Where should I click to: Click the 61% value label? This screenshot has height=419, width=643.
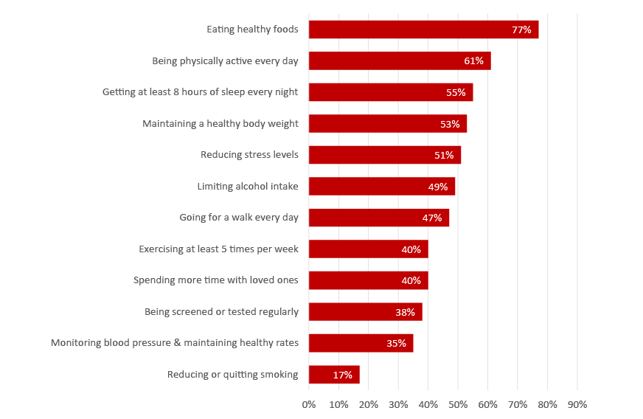pos(473,61)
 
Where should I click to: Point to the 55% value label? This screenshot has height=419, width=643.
pos(456,92)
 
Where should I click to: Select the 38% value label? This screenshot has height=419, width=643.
pos(405,312)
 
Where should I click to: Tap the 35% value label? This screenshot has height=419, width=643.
pos(396,343)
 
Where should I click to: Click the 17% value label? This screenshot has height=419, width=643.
pos(342,375)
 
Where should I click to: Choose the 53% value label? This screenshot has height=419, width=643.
pos(450,124)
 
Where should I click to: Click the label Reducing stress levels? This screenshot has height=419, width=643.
pos(249,155)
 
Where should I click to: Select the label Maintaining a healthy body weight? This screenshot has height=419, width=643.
pos(220,124)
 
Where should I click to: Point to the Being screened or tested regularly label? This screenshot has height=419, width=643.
pos(221,312)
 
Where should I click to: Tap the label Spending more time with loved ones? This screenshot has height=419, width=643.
pos(215,280)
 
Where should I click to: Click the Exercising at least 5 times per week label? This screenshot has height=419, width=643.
pos(218,249)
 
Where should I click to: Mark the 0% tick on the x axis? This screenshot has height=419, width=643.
pos(309,404)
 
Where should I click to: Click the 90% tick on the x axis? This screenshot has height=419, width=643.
pos(577,404)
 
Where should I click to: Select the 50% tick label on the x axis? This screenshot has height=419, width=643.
pos(458,404)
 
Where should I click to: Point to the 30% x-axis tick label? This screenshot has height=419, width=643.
pos(398,404)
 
